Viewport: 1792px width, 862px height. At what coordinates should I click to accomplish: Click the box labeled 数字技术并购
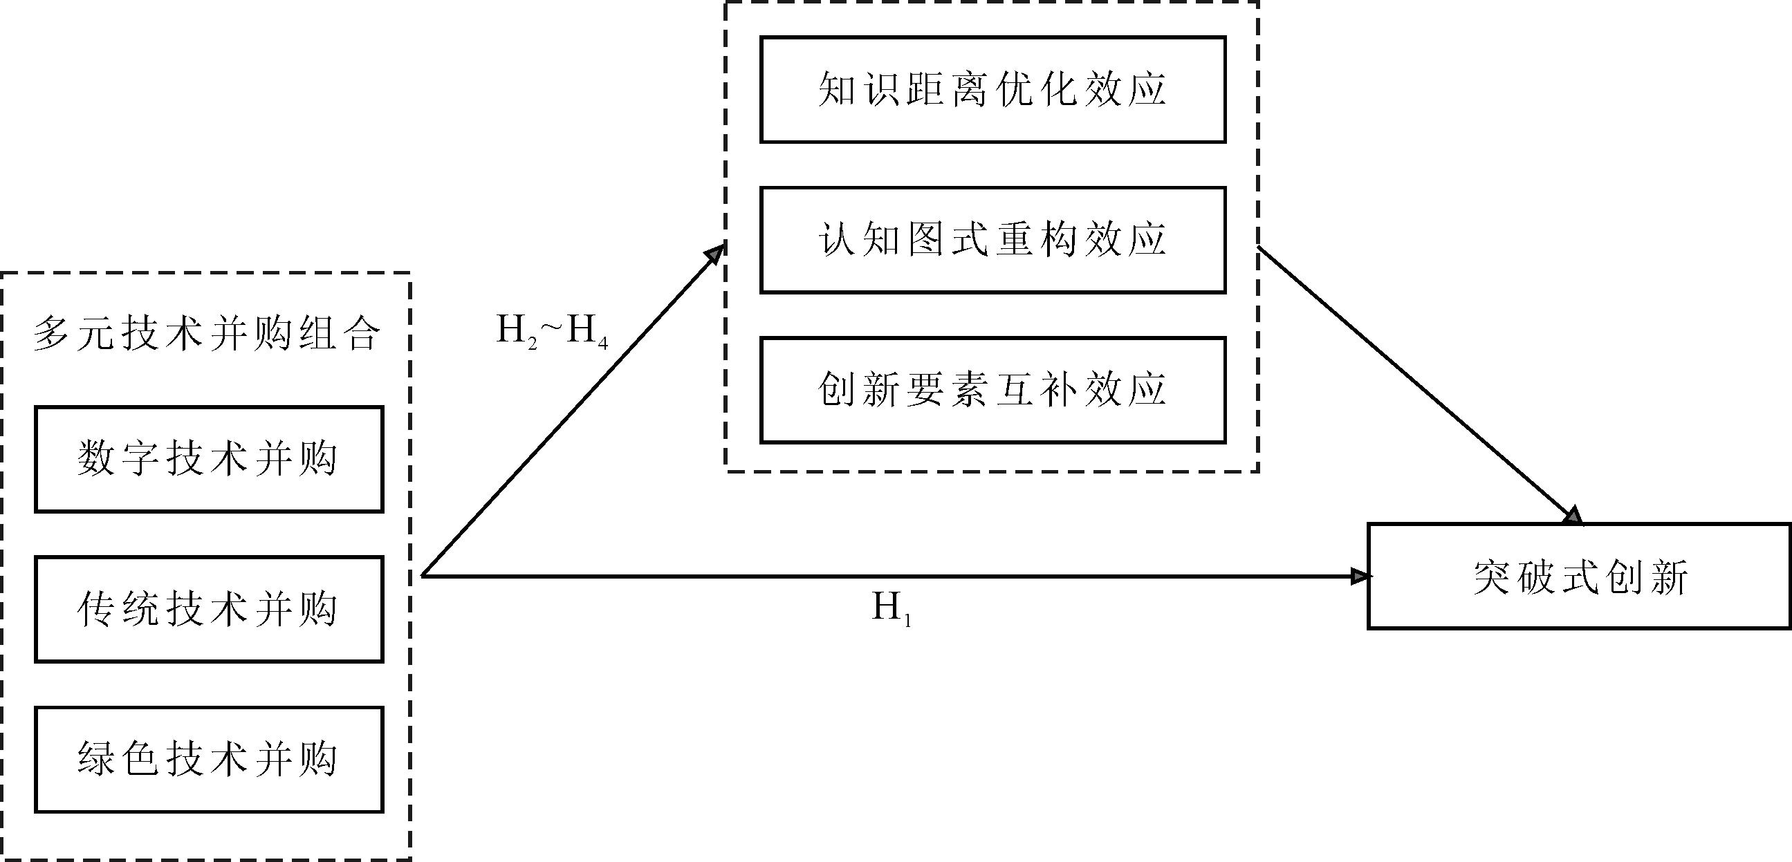[x=209, y=460]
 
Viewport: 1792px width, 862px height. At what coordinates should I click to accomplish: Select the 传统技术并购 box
[x=209, y=609]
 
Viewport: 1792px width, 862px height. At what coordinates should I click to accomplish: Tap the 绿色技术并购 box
[x=209, y=759]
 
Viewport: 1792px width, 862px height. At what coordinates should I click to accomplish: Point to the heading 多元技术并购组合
[x=207, y=335]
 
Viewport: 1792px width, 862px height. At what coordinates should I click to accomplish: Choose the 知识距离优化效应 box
[x=992, y=90]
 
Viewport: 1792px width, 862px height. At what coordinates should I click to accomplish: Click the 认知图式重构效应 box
[x=992, y=240]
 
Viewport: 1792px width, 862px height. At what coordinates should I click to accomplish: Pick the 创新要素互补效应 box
[x=992, y=390]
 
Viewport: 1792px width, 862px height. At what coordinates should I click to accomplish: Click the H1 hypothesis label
[x=891, y=610]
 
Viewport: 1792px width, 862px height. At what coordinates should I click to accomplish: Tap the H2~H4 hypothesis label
[x=552, y=331]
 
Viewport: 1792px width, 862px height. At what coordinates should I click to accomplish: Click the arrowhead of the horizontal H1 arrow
[x=1359, y=577]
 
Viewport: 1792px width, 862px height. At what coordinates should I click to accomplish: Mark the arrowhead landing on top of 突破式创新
[x=1573, y=516]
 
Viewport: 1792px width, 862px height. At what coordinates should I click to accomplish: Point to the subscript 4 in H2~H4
[x=602, y=344]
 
